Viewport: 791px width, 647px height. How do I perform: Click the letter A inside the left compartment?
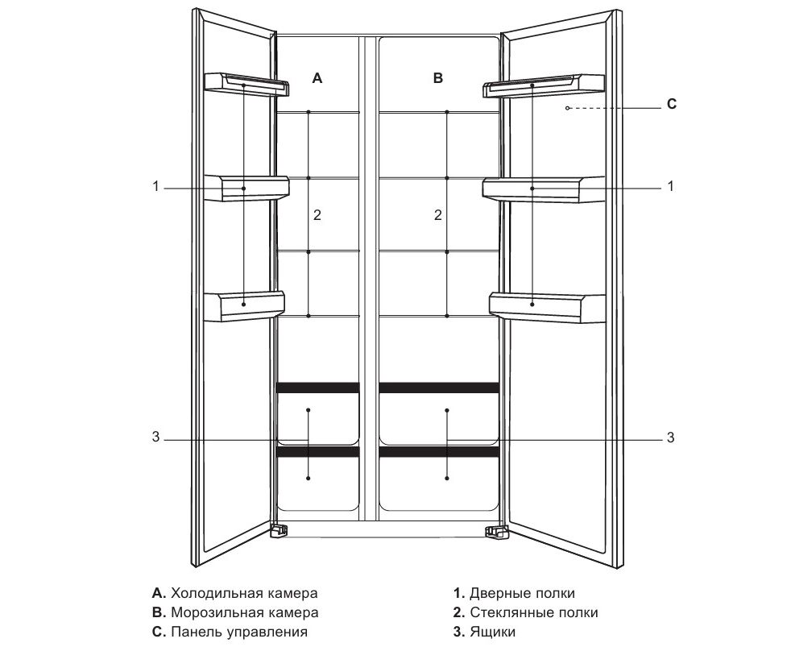[317, 78]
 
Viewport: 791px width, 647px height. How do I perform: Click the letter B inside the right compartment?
[438, 78]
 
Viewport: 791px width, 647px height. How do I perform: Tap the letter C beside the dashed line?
[672, 105]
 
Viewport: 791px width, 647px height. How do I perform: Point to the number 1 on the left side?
[155, 187]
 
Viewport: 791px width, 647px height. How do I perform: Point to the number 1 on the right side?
[670, 187]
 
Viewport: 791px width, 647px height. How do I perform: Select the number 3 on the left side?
[155, 438]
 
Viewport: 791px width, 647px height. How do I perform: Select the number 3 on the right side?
[670, 438]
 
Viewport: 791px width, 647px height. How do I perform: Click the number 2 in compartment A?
[317, 215]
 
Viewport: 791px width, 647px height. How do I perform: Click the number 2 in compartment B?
[437, 215]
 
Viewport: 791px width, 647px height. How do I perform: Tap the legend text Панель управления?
[239, 632]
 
